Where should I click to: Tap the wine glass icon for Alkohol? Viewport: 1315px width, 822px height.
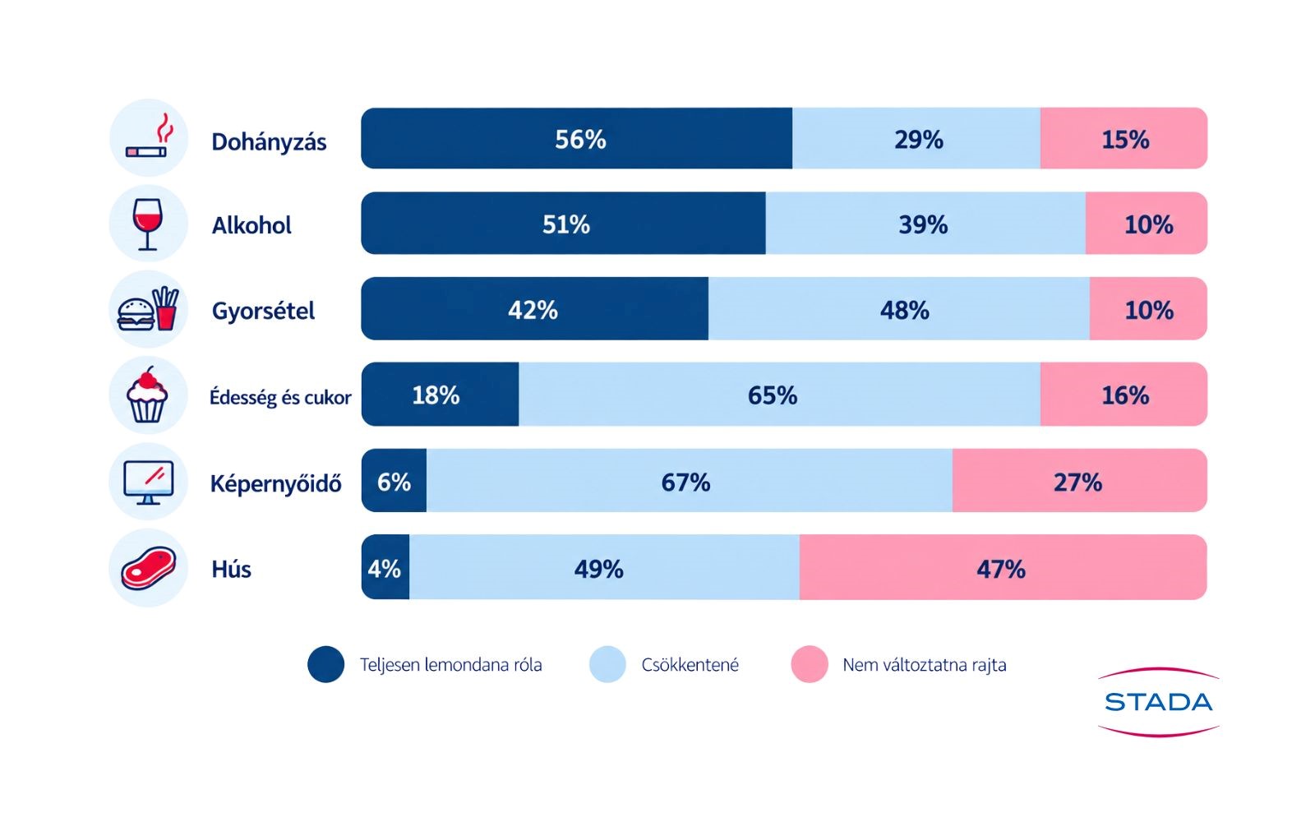147,224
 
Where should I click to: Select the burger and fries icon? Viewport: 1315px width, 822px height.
148,309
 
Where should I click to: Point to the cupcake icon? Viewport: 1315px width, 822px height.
147,395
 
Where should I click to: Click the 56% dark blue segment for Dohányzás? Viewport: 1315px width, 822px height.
576,138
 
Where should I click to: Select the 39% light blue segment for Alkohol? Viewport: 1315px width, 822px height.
925,223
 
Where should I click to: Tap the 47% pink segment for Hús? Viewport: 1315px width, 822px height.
1004,567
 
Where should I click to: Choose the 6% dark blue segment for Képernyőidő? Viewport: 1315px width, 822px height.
394,480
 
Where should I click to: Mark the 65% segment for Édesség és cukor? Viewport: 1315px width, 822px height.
780,394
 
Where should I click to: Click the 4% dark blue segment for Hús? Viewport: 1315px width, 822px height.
385,567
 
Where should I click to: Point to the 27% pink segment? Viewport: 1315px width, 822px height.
1080,480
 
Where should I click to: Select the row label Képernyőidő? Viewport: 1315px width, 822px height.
276,484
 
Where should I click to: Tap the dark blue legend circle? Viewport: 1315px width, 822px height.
325,664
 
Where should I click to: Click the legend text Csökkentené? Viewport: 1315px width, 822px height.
690,665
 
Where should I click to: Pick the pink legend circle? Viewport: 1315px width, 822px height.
810,664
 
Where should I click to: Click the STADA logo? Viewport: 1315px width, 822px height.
1158,702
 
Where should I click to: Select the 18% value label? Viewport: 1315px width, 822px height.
436,395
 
